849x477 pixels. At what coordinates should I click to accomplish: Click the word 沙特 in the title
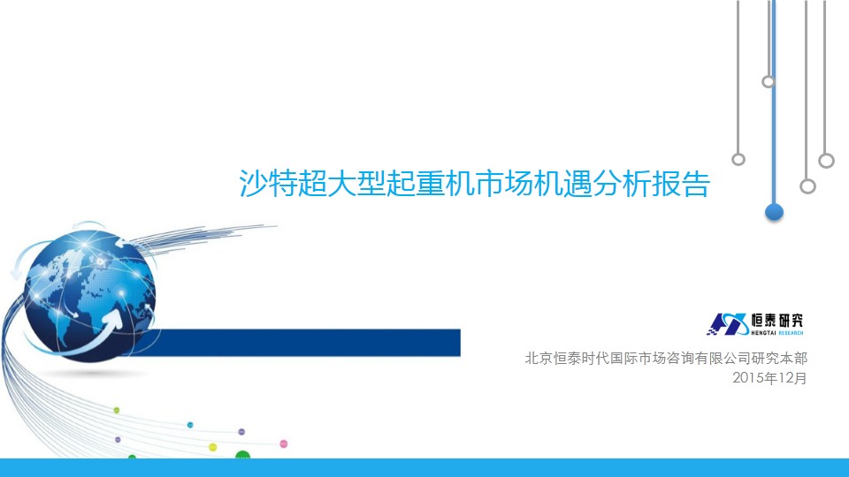tap(268, 184)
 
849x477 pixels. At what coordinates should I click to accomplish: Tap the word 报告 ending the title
tap(681, 184)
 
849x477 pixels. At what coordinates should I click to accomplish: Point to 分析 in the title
tap(622, 184)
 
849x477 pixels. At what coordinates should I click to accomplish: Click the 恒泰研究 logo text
tap(776, 320)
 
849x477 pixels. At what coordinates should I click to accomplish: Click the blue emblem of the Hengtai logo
tap(728, 324)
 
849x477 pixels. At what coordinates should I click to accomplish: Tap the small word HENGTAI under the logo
tap(763, 333)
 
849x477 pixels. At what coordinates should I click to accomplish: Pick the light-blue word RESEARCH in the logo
tap(791, 333)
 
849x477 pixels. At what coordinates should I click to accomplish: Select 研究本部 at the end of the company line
tap(779, 358)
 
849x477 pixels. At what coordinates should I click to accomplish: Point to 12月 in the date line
tap(793, 377)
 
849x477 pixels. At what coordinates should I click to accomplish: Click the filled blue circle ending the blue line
tap(775, 212)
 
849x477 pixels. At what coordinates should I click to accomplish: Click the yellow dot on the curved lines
tap(213, 447)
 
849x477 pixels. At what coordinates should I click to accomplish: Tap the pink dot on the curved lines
tap(283, 444)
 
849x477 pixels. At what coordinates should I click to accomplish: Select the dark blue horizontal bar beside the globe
tap(303, 343)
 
